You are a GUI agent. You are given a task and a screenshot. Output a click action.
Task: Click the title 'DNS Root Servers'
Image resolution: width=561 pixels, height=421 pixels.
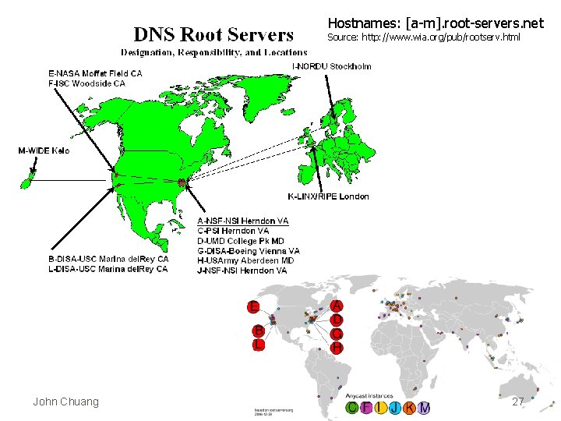click(x=213, y=34)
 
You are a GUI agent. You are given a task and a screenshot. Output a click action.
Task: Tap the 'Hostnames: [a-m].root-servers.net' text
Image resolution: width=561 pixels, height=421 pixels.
click(x=436, y=23)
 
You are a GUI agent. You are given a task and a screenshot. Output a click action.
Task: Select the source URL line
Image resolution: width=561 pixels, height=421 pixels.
click(x=423, y=37)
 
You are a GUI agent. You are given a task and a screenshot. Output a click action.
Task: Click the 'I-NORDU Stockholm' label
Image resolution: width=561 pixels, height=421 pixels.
click(x=331, y=66)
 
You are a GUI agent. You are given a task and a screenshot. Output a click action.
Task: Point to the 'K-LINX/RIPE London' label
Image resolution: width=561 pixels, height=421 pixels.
click(x=328, y=196)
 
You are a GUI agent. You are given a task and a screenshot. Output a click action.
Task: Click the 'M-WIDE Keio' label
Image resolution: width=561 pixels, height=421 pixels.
click(x=43, y=150)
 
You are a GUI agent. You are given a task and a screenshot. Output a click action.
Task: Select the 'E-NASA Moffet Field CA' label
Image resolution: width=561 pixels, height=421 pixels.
click(x=95, y=73)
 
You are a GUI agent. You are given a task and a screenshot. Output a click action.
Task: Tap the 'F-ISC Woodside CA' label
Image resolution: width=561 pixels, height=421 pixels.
click(x=86, y=83)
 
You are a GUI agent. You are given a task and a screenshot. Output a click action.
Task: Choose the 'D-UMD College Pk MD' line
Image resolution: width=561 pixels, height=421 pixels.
click(x=242, y=241)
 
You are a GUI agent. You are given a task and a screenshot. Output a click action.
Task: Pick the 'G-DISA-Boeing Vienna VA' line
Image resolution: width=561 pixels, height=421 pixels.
click(x=249, y=251)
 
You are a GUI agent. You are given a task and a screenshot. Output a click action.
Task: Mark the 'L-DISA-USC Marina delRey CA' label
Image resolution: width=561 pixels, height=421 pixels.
click(x=108, y=269)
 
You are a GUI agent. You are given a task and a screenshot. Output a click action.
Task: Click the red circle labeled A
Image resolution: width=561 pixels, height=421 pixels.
click(x=336, y=305)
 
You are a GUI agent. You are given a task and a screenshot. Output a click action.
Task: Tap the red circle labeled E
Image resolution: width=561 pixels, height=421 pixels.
click(x=253, y=305)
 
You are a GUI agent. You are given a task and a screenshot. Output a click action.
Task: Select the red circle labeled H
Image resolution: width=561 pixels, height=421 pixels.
click(x=336, y=347)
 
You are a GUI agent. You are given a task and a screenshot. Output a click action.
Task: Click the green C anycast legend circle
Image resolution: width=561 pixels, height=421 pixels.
click(x=353, y=408)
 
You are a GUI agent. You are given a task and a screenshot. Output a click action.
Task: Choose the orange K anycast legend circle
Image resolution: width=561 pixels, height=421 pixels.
click(x=409, y=408)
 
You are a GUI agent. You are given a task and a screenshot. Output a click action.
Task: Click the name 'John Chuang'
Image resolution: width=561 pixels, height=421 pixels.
click(x=65, y=402)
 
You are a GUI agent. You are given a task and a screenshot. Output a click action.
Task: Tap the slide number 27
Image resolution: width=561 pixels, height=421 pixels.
click(x=517, y=402)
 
